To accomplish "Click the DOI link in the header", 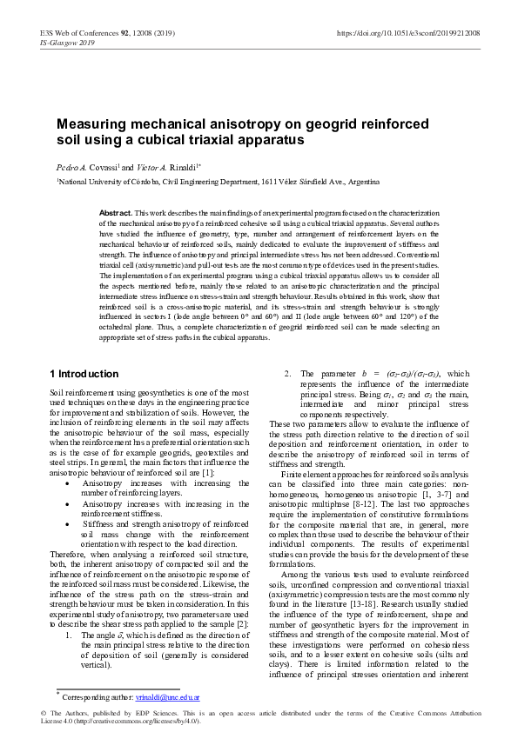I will [407, 35].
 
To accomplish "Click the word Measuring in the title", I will [95, 124].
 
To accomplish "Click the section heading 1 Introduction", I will [84, 375].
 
